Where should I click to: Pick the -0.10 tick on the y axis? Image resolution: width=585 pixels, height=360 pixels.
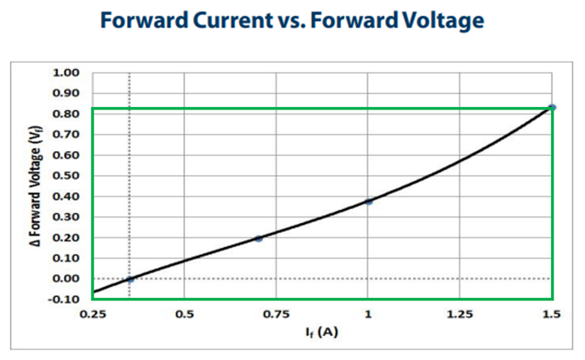(x=64, y=299)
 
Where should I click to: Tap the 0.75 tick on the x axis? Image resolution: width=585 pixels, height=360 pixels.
(x=276, y=314)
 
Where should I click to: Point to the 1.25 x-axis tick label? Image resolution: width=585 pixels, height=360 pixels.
(x=460, y=314)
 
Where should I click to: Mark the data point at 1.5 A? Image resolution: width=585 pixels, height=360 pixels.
(x=552, y=107)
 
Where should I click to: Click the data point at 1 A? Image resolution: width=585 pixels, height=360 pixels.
(x=368, y=202)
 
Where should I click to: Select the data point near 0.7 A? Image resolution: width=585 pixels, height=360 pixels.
(x=259, y=238)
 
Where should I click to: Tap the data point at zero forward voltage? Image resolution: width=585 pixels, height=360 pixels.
(x=129, y=279)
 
